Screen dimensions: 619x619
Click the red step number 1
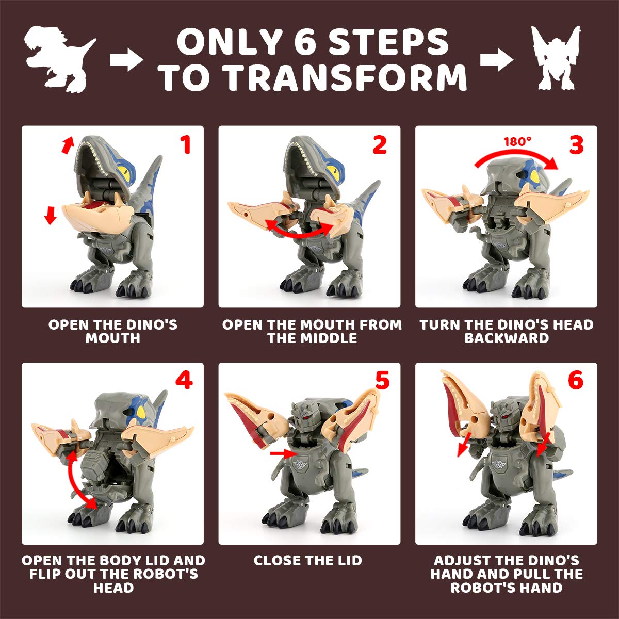[185, 145]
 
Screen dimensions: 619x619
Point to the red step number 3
[576, 145]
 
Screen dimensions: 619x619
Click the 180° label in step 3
[517, 141]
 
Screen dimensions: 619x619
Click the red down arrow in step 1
[50, 215]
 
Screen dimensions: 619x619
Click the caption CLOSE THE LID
[308, 560]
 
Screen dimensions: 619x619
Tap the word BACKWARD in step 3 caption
[506, 338]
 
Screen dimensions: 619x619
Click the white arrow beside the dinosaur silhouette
[126, 61]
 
